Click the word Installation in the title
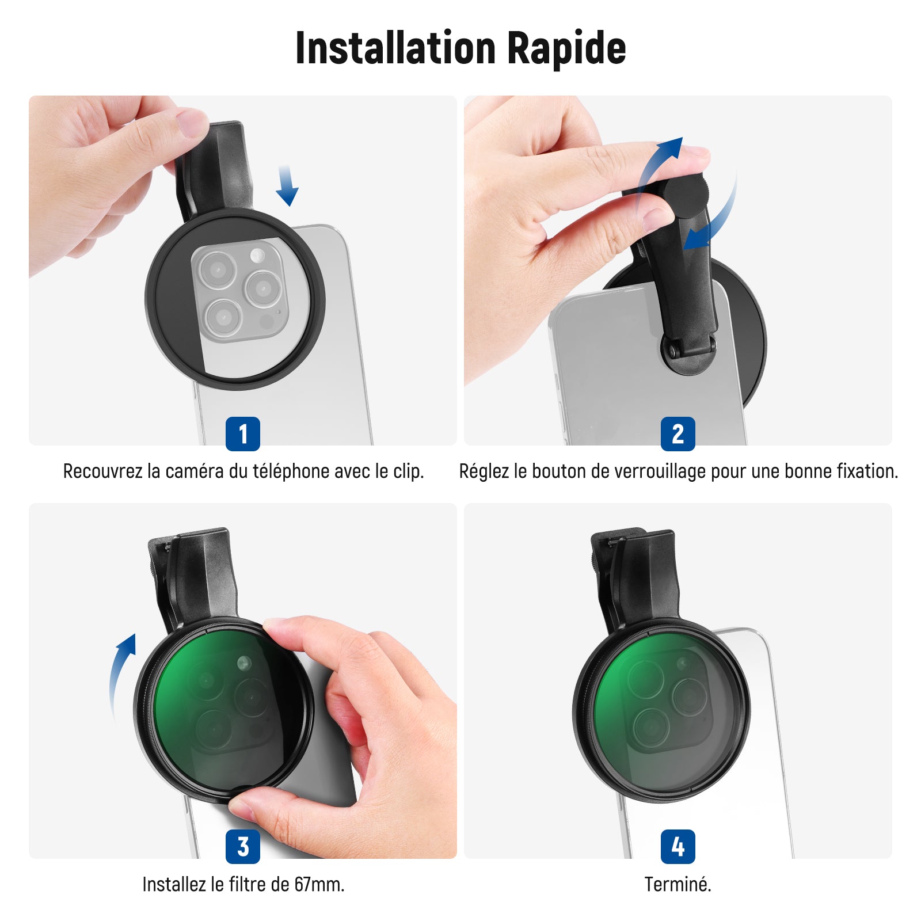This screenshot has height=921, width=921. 395,48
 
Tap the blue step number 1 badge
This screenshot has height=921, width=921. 243,433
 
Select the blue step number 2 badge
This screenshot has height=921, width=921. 678,433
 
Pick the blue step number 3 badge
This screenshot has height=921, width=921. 243,846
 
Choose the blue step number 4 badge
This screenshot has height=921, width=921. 678,846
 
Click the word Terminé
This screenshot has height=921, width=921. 678,884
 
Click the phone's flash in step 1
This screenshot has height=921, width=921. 257,255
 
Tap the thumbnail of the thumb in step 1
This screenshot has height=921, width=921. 191,122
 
